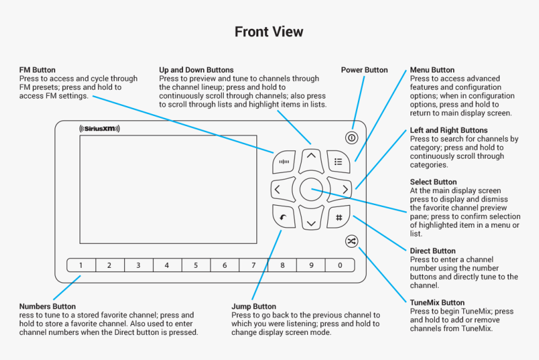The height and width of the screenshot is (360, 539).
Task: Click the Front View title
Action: click(x=269, y=31)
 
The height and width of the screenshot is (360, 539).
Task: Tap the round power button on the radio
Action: click(x=352, y=138)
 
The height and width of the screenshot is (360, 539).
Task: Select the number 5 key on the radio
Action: click(x=196, y=265)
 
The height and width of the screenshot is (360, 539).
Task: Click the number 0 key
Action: click(x=340, y=265)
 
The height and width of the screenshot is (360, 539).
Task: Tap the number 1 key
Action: click(x=81, y=265)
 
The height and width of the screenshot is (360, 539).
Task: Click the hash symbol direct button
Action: click(x=338, y=217)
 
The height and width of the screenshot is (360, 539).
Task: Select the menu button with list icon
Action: click(x=338, y=161)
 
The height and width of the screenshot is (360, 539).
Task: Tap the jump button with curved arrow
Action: click(x=284, y=217)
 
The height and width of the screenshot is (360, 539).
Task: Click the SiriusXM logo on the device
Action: click(x=100, y=129)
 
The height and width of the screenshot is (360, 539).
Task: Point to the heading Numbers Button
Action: click(x=48, y=307)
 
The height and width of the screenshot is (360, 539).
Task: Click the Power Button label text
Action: click(x=364, y=70)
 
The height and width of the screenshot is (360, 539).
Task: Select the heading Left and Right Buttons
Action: click(x=447, y=130)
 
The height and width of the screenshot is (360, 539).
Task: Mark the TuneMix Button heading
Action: click(x=437, y=302)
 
